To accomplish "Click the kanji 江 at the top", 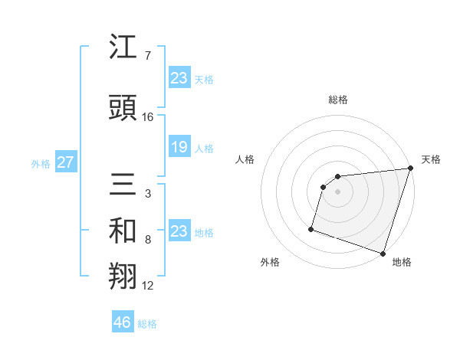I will [123, 48].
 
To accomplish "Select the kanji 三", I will [123, 185].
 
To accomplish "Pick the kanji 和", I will [123, 232].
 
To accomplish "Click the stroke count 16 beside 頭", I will [148, 116].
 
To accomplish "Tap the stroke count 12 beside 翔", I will [148, 286].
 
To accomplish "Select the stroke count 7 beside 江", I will [148, 57].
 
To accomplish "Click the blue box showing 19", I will [179, 147].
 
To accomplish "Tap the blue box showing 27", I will [65, 162].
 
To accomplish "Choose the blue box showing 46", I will [123, 322].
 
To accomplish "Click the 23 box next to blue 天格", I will [179, 78].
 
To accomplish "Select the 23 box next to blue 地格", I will [179, 231].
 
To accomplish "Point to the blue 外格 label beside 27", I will [41, 163].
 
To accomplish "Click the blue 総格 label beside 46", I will [147, 324].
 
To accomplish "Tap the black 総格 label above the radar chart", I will [338, 100].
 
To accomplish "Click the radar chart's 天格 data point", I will [410, 169].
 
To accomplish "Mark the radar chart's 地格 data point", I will [383, 253].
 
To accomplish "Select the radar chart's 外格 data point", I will [311, 228].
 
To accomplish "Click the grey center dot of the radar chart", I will [337, 191].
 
